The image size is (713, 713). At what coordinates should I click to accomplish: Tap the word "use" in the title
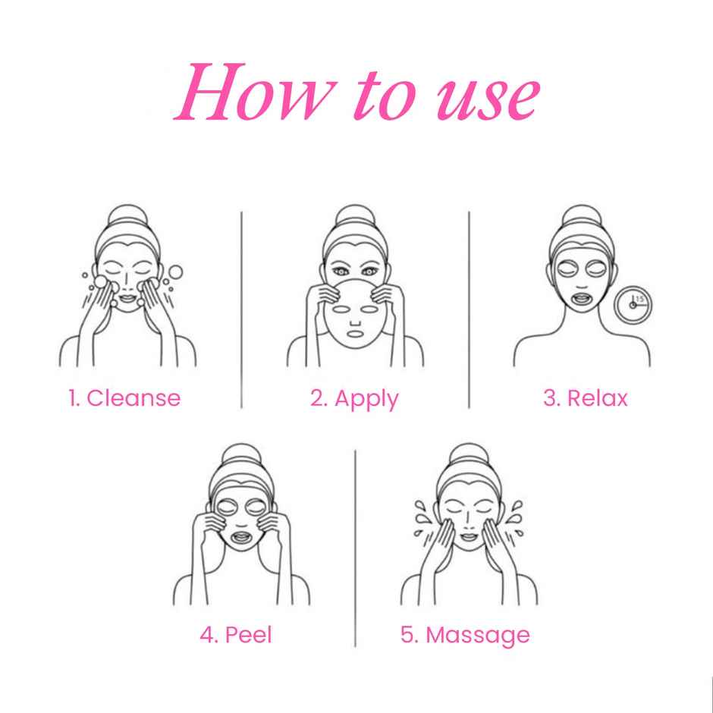coord(487,99)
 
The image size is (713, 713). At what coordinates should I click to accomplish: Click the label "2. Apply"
coord(354,397)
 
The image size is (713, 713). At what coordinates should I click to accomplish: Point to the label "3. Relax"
coord(586,397)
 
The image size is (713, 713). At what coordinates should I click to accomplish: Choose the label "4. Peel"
coord(235,634)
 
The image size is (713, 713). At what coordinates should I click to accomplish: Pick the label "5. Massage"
coord(465,634)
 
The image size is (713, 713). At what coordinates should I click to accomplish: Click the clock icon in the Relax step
coord(635,303)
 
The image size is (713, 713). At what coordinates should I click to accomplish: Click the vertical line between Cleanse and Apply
coord(241,309)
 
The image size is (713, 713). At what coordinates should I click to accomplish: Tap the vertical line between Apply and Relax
coord(469,309)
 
